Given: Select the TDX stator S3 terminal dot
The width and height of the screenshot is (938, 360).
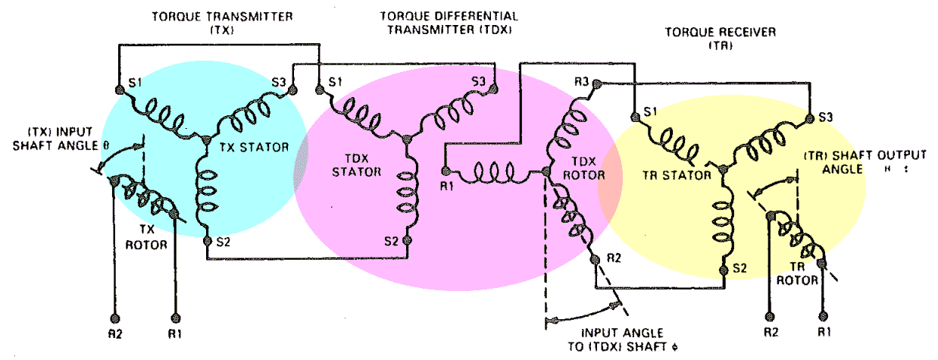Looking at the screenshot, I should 494,89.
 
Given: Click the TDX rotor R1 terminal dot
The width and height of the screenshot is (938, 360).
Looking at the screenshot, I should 446,171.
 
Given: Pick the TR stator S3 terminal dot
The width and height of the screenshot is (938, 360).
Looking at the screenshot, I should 809,116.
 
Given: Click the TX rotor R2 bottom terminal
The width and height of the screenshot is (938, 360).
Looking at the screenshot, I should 115,316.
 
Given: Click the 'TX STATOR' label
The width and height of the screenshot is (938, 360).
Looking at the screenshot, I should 255,147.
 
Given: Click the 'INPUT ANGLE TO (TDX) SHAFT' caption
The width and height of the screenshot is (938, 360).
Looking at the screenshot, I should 622,340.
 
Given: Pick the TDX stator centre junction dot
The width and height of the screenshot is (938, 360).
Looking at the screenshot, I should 406,139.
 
